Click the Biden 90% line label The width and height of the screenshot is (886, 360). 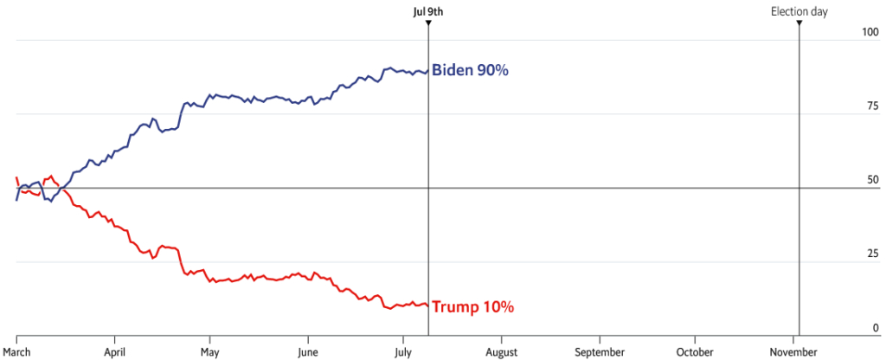click(470, 70)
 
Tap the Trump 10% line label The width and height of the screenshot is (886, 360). click(472, 306)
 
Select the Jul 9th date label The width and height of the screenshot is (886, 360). click(429, 11)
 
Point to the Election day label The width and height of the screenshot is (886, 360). click(799, 11)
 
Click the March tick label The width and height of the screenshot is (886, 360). click(16, 351)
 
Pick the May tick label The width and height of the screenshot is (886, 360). click(209, 351)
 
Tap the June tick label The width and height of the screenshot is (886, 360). click(306, 351)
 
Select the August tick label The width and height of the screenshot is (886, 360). click(501, 351)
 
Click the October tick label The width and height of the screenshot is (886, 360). click(696, 351)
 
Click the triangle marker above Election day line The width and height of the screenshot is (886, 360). click(799, 22)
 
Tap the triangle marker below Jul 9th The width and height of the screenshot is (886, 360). click(429, 22)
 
